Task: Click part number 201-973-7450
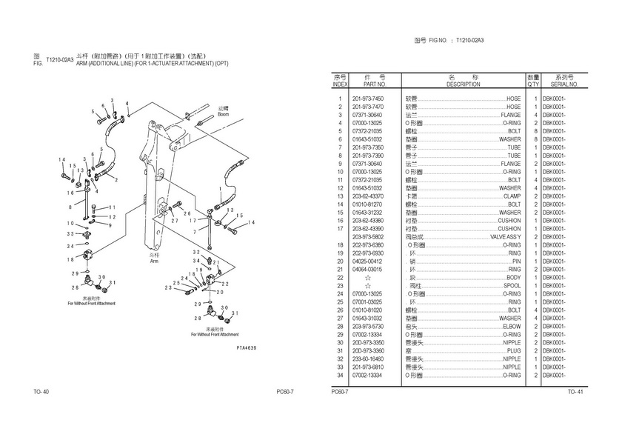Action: tap(367, 99)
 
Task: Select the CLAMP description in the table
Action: tap(510, 196)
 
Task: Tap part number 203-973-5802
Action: tap(367, 236)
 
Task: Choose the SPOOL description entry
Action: tap(512, 285)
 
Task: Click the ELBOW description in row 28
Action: tap(511, 326)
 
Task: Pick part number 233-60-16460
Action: tap(367, 359)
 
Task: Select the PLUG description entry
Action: tap(512, 350)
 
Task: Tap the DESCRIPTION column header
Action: tap(464, 84)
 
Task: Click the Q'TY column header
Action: tap(533, 84)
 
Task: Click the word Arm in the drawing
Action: tap(154, 260)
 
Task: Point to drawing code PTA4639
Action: tap(246, 347)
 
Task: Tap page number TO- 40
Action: tap(41, 391)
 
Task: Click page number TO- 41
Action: tap(575, 391)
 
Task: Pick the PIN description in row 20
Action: tap(516, 261)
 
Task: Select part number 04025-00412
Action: tap(367, 261)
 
